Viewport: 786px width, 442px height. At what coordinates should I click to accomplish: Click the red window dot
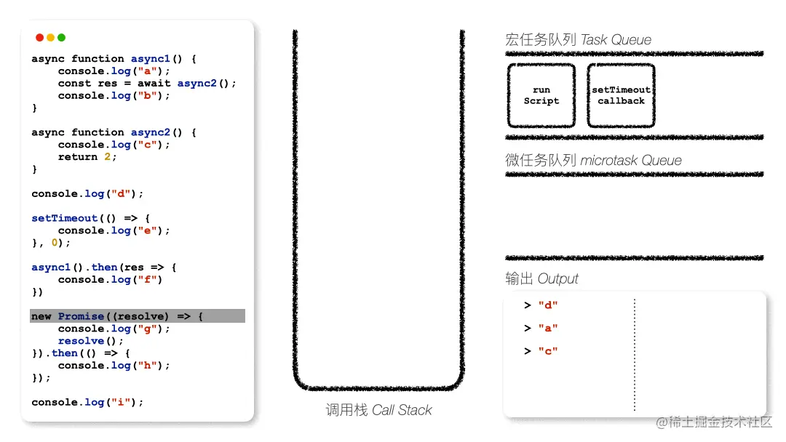click(x=39, y=38)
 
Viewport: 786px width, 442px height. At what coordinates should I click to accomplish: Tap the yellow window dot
click(x=51, y=38)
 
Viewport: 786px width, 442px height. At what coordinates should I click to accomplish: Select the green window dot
click(x=62, y=38)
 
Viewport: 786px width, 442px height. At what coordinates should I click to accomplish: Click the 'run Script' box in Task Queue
click(x=541, y=95)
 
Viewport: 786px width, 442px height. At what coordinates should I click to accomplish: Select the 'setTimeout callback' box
click(x=621, y=95)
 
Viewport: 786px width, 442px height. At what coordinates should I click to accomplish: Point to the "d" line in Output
click(x=541, y=305)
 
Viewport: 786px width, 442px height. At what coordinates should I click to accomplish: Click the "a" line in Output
click(x=541, y=329)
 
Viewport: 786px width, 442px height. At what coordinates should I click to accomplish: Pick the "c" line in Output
click(x=541, y=351)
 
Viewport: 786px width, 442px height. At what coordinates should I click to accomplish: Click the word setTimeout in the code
click(x=65, y=218)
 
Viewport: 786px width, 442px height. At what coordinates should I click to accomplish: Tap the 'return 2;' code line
click(x=87, y=157)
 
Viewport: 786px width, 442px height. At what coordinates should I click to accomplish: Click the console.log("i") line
click(x=87, y=402)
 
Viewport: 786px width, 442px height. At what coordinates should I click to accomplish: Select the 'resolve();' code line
click(x=90, y=341)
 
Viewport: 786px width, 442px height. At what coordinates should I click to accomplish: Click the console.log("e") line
click(x=114, y=230)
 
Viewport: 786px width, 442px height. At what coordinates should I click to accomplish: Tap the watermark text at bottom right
click(x=714, y=422)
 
